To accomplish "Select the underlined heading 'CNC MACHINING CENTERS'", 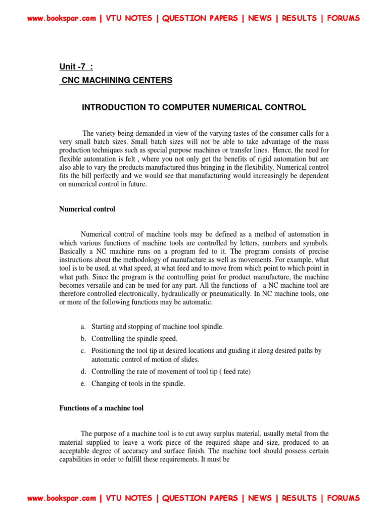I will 116,80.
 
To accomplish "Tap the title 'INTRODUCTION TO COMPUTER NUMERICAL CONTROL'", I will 193,107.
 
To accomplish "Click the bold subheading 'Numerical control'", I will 87,209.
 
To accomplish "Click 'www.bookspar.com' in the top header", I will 61,18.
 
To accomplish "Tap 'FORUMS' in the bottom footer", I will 344,498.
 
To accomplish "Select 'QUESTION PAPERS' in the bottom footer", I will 200,498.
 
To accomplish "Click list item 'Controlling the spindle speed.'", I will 134,339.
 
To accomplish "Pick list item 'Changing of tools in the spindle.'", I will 138,384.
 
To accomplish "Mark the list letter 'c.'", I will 84,350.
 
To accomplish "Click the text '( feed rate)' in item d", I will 233,372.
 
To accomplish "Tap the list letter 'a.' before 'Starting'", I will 84,327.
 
